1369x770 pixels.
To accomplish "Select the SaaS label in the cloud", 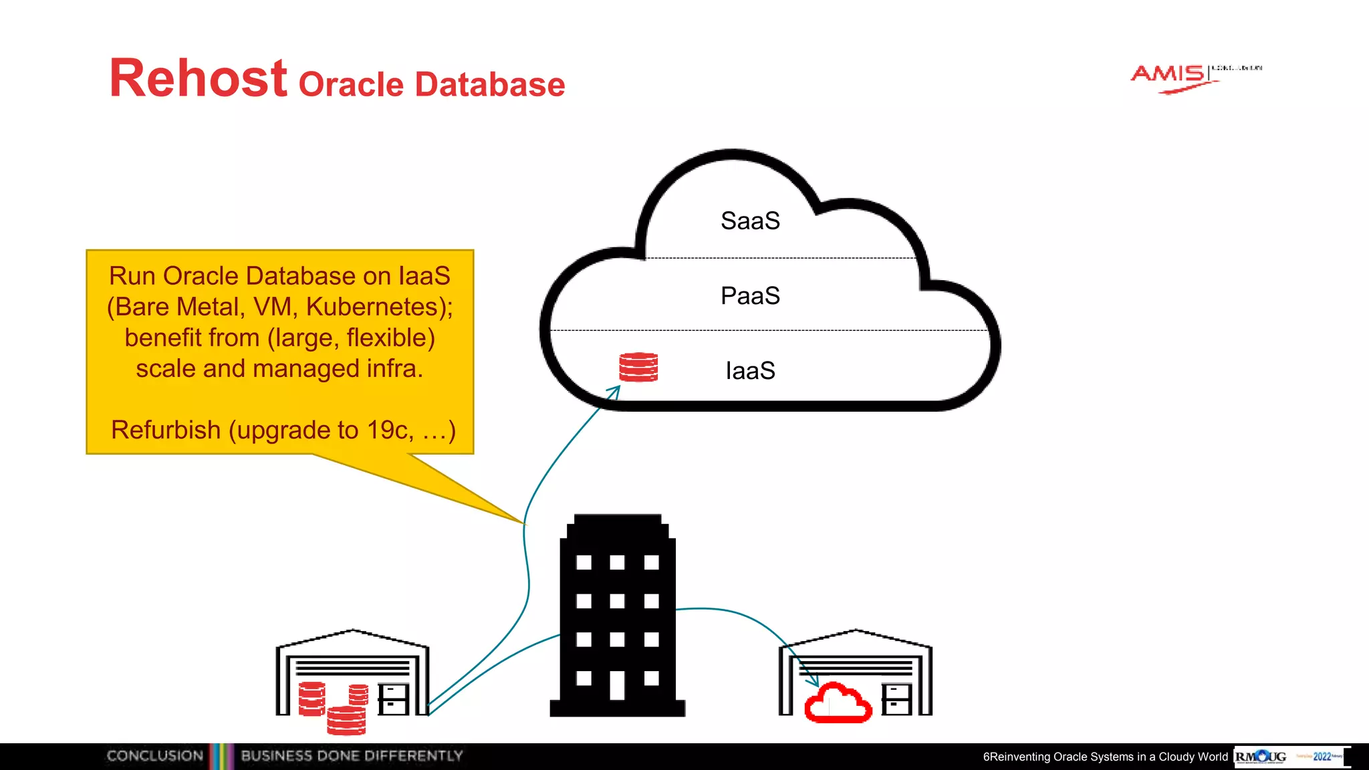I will coord(750,221).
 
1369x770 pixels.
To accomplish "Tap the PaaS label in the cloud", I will coord(750,296).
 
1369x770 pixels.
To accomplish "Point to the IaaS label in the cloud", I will coord(750,371).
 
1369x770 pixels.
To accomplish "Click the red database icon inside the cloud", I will coord(638,367).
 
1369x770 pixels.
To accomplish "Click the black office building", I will coord(618,615).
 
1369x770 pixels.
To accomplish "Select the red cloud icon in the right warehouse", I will coord(838,703).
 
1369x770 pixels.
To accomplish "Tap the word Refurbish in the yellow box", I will coord(166,430).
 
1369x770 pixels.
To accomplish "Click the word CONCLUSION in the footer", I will coord(154,756).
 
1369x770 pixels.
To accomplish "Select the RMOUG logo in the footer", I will coord(1261,757).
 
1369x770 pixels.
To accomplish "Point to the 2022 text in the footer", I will coord(1322,757).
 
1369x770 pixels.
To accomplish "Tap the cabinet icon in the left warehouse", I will coord(393,699).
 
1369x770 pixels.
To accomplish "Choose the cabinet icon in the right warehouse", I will coord(896,699).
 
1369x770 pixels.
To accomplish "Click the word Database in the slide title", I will coord(490,85).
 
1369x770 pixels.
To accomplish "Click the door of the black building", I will coord(617,685).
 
